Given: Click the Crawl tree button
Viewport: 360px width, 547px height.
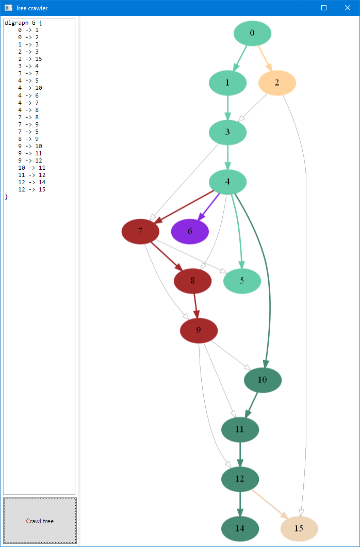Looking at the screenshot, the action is (x=40, y=521).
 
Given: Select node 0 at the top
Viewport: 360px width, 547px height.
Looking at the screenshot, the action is (x=252, y=33).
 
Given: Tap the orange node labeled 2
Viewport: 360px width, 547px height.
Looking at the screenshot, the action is (x=277, y=83).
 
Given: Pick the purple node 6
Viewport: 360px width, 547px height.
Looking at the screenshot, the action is (x=190, y=231).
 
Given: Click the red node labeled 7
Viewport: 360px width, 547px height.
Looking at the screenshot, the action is (x=140, y=231).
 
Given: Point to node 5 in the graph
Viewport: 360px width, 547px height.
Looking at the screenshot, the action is (x=242, y=281).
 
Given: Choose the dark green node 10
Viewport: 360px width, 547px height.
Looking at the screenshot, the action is (x=263, y=380).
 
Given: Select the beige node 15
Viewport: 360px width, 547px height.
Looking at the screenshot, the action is (x=299, y=528).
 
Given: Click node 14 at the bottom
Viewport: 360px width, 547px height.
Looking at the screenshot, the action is (x=240, y=528).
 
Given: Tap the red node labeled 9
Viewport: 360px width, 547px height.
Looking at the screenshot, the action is (x=199, y=330).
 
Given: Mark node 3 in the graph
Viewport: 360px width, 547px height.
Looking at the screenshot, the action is (x=227, y=132).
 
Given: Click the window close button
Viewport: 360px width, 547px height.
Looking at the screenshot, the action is (x=348, y=8).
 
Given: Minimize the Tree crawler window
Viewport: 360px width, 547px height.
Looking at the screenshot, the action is (x=300, y=8).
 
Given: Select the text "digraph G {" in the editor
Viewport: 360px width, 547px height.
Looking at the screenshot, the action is (x=23, y=23).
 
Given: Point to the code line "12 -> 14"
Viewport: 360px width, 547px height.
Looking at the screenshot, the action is (x=31, y=182).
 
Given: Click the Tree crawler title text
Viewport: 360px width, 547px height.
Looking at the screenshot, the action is (x=31, y=8).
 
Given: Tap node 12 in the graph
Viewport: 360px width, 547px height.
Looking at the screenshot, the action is (x=240, y=479).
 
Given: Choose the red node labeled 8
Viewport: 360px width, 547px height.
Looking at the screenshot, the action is (x=192, y=281).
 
